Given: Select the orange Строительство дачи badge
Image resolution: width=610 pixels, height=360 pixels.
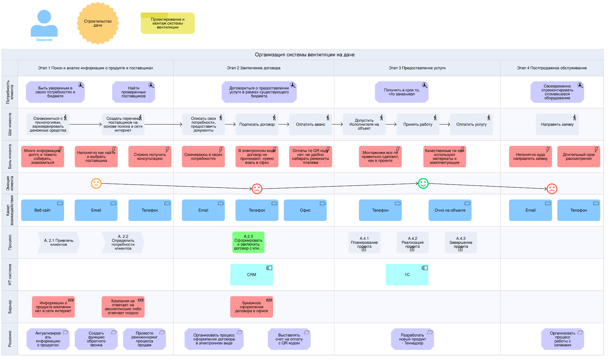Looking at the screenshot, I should coord(98,23).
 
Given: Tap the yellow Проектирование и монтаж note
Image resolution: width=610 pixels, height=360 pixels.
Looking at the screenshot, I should coord(167,23).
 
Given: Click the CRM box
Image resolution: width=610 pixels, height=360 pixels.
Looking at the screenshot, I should coord(251,275).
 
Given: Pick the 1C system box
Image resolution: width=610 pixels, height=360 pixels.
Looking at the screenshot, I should coord(407,275).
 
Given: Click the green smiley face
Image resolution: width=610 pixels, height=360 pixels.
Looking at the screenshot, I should coord(423,183).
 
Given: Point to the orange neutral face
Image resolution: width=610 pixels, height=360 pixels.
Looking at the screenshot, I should coord(96,183).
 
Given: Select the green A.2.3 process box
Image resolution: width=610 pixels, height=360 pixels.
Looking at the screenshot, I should coord(248,242).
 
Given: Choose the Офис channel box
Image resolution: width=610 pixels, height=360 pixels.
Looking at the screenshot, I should coord(305,210).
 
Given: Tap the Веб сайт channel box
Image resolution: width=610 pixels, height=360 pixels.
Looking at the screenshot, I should coord(42,210).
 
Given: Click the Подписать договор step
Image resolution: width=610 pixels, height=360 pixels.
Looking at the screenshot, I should coord(257,124).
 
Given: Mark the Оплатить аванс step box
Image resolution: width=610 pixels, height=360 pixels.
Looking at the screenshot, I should coord(310,124).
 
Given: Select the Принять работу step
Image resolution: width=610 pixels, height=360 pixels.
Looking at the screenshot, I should coord(418,124).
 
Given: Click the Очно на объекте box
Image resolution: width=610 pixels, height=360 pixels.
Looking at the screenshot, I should coord(450,210).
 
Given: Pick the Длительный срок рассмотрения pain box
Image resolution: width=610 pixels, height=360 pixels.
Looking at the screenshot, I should coord(579,157).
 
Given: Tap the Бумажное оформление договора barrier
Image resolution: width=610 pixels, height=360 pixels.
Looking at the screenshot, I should coord(251,307).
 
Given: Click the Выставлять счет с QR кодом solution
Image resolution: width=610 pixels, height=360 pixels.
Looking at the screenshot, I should coord(289,339).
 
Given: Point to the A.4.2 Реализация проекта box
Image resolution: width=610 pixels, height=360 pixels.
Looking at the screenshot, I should coord(412,243).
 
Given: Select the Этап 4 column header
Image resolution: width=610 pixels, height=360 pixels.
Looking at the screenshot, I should coord(552,68).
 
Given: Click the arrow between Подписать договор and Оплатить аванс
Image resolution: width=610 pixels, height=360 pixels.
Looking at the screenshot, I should coord(284,124).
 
